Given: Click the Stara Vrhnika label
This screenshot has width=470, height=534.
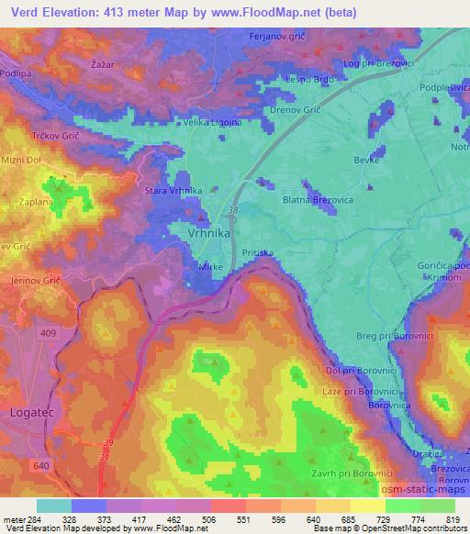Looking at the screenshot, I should pyautogui.click(x=173, y=190).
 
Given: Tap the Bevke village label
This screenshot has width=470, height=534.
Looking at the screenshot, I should pyautogui.click(x=367, y=159).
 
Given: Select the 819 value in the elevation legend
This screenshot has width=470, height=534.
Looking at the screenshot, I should pyautogui.click(x=453, y=518).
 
